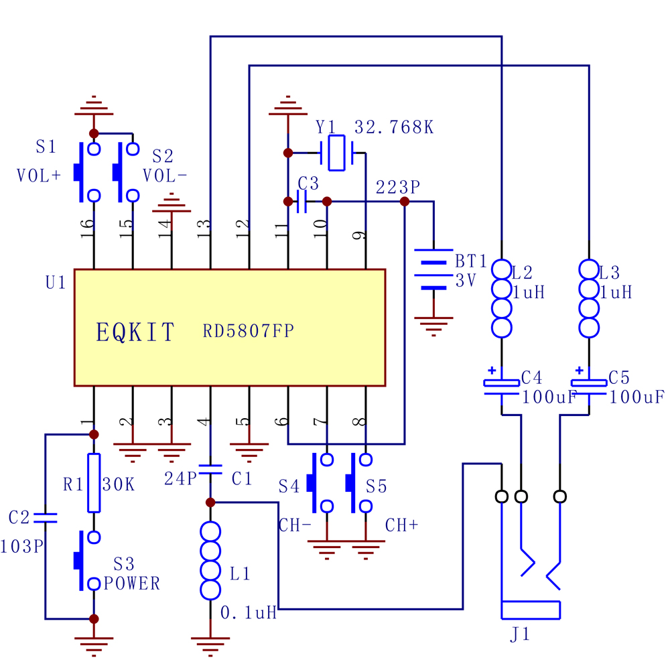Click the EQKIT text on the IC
(x=135, y=332)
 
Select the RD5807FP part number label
(x=248, y=331)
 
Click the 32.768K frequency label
(x=393, y=127)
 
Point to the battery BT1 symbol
(x=433, y=270)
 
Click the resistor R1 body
(x=94, y=482)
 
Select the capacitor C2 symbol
(x=46, y=518)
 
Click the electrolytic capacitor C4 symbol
(x=502, y=387)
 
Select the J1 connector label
(x=520, y=634)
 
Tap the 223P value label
(x=398, y=187)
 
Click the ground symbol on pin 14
(x=172, y=203)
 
